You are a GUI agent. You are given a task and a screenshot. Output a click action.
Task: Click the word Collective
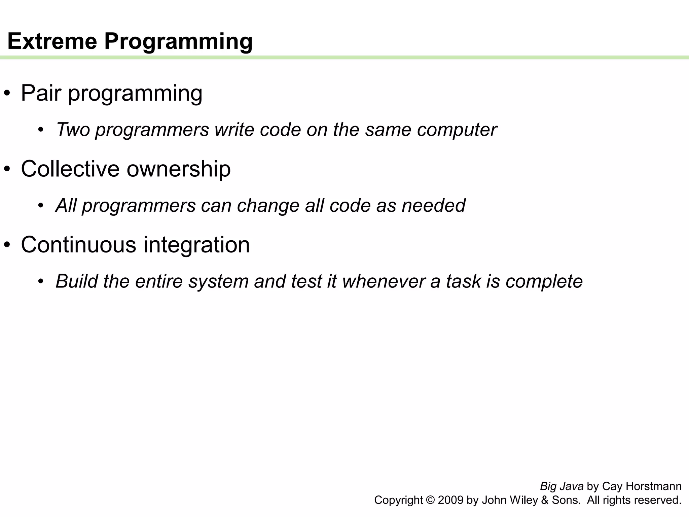point(70,169)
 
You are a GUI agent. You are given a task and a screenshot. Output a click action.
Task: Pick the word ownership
point(179,169)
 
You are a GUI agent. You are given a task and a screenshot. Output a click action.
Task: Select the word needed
point(434,205)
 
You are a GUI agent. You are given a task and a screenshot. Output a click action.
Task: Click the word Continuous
point(78,245)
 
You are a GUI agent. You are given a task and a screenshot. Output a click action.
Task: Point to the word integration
point(196,245)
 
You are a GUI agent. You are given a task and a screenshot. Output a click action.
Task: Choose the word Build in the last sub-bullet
point(76,281)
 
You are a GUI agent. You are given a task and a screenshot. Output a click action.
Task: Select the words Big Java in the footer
point(561,486)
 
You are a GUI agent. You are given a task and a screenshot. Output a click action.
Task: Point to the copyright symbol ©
point(430,500)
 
